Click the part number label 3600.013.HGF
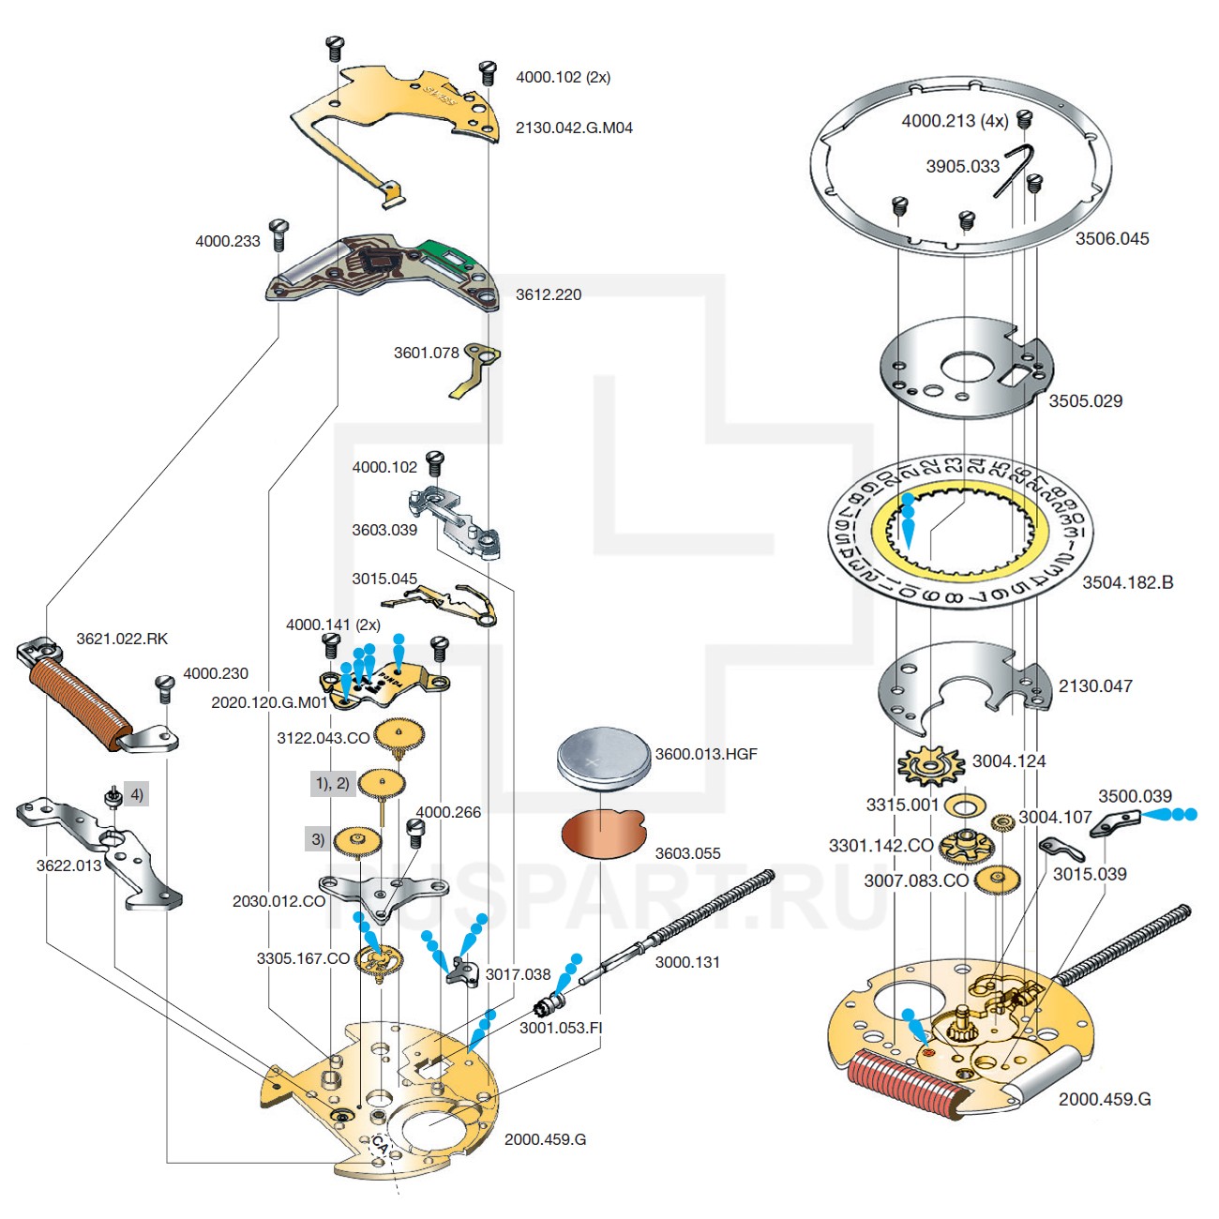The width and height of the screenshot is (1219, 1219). tap(705, 754)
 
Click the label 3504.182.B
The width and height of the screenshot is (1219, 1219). tap(1127, 582)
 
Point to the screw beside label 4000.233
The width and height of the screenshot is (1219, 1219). tap(278, 234)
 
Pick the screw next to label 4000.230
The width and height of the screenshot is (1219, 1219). tap(165, 687)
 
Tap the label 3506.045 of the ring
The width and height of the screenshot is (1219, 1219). tap(1111, 238)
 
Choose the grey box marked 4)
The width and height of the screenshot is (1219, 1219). tap(136, 795)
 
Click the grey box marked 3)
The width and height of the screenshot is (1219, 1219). tap(318, 839)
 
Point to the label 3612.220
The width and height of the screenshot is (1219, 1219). tap(548, 294)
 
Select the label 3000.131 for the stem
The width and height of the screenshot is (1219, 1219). tap(686, 962)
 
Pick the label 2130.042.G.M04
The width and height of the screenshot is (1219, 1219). tap(574, 128)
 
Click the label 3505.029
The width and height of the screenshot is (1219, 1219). tap(1085, 400)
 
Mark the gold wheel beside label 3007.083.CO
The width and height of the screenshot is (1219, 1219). tap(996, 880)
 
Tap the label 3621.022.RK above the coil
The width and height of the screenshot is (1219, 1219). tap(122, 639)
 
